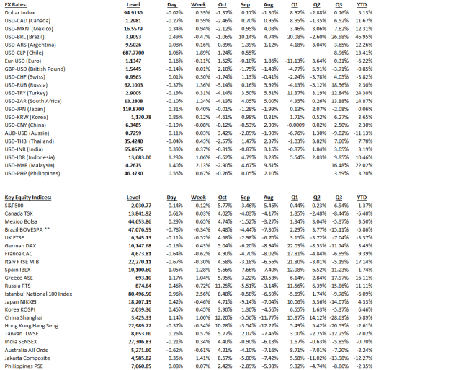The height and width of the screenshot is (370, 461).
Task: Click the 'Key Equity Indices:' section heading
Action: click(28, 197)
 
